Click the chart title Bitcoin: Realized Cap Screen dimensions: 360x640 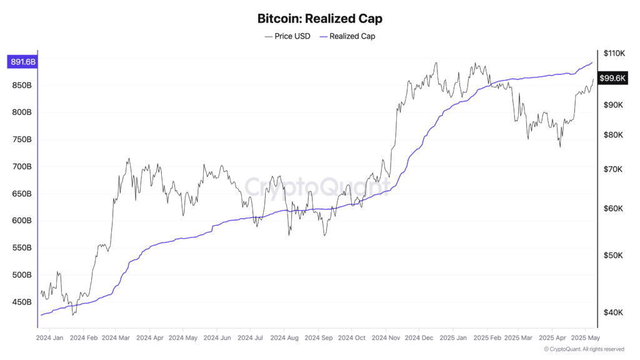point(319,19)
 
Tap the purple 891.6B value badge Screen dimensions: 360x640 point(21,62)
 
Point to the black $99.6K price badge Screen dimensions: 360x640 point(612,78)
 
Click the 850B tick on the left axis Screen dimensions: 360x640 point(21,86)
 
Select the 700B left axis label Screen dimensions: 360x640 point(21,167)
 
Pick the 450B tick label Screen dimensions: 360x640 point(21,302)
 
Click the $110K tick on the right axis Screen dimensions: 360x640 point(614,54)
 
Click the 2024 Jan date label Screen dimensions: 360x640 point(51,337)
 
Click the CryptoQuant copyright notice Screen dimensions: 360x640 point(584,349)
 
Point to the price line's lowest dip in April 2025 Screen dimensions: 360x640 point(560,147)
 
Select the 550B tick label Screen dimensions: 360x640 point(21,248)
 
